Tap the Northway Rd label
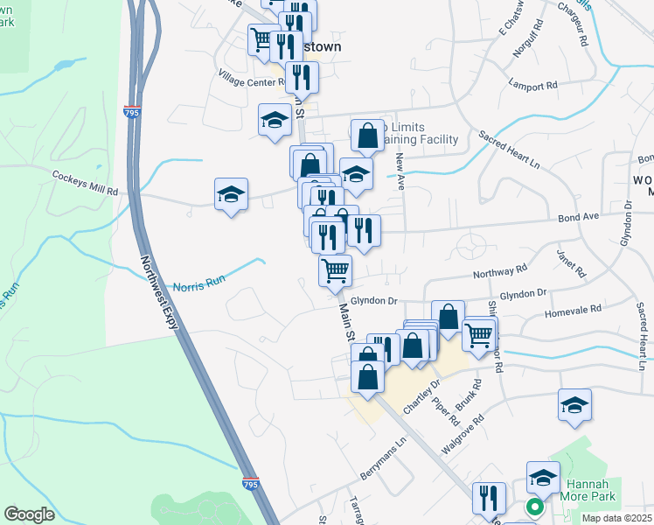pyautogui.click(x=499, y=272)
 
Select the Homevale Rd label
pyautogui.click(x=573, y=310)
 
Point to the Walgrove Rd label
pyautogui.click(x=463, y=435)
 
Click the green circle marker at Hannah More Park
pyautogui.click(x=533, y=506)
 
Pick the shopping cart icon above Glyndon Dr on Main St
pyautogui.click(x=336, y=269)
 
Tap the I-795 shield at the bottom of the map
pyautogui.click(x=250, y=482)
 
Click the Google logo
pyautogui.click(x=29, y=514)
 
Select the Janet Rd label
pyautogui.click(x=569, y=260)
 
